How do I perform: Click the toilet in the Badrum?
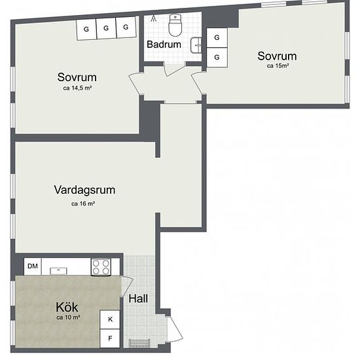point(175,26)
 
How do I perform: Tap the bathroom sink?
point(196,45)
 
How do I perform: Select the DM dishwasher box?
point(33,266)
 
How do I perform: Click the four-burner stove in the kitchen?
point(101,267)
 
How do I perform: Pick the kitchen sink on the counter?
point(58,271)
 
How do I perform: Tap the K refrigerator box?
point(110,319)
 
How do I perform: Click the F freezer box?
point(110,338)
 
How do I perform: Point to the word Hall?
point(138,298)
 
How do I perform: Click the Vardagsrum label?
point(84,190)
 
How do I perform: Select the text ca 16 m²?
point(83,204)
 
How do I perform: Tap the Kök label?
point(67,307)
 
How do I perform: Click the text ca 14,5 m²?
point(78,88)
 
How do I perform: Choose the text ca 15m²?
point(278,65)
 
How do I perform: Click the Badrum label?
point(164,45)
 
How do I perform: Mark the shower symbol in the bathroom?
point(153,18)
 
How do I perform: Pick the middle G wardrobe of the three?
point(106,28)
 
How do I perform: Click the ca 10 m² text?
point(68,317)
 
